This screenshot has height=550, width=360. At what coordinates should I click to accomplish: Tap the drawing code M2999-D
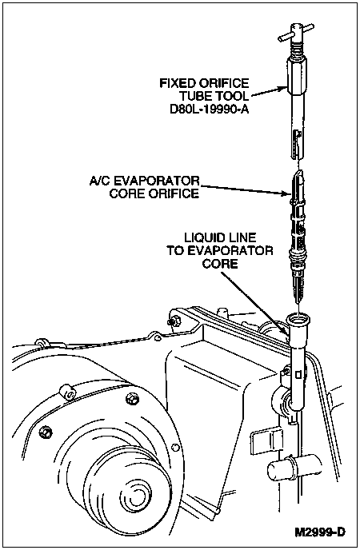tap(320, 532)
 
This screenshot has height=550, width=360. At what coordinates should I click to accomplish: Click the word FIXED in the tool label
tap(177, 83)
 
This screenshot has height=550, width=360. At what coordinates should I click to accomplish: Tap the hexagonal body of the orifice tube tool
tap(296, 76)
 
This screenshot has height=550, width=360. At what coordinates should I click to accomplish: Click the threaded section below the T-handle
tap(297, 50)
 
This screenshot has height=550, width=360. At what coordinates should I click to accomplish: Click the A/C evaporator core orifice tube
tap(298, 235)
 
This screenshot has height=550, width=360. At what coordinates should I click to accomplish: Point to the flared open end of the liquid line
tap(298, 321)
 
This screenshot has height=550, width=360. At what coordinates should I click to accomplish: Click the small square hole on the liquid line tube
tap(298, 374)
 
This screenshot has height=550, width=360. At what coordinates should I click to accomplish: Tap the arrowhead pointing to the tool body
tap(282, 89)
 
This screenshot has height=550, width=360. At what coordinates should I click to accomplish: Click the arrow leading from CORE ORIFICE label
tap(245, 189)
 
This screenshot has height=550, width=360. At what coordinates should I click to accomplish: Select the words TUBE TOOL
tap(214, 96)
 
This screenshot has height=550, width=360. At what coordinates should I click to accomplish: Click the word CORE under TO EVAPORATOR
tap(220, 264)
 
